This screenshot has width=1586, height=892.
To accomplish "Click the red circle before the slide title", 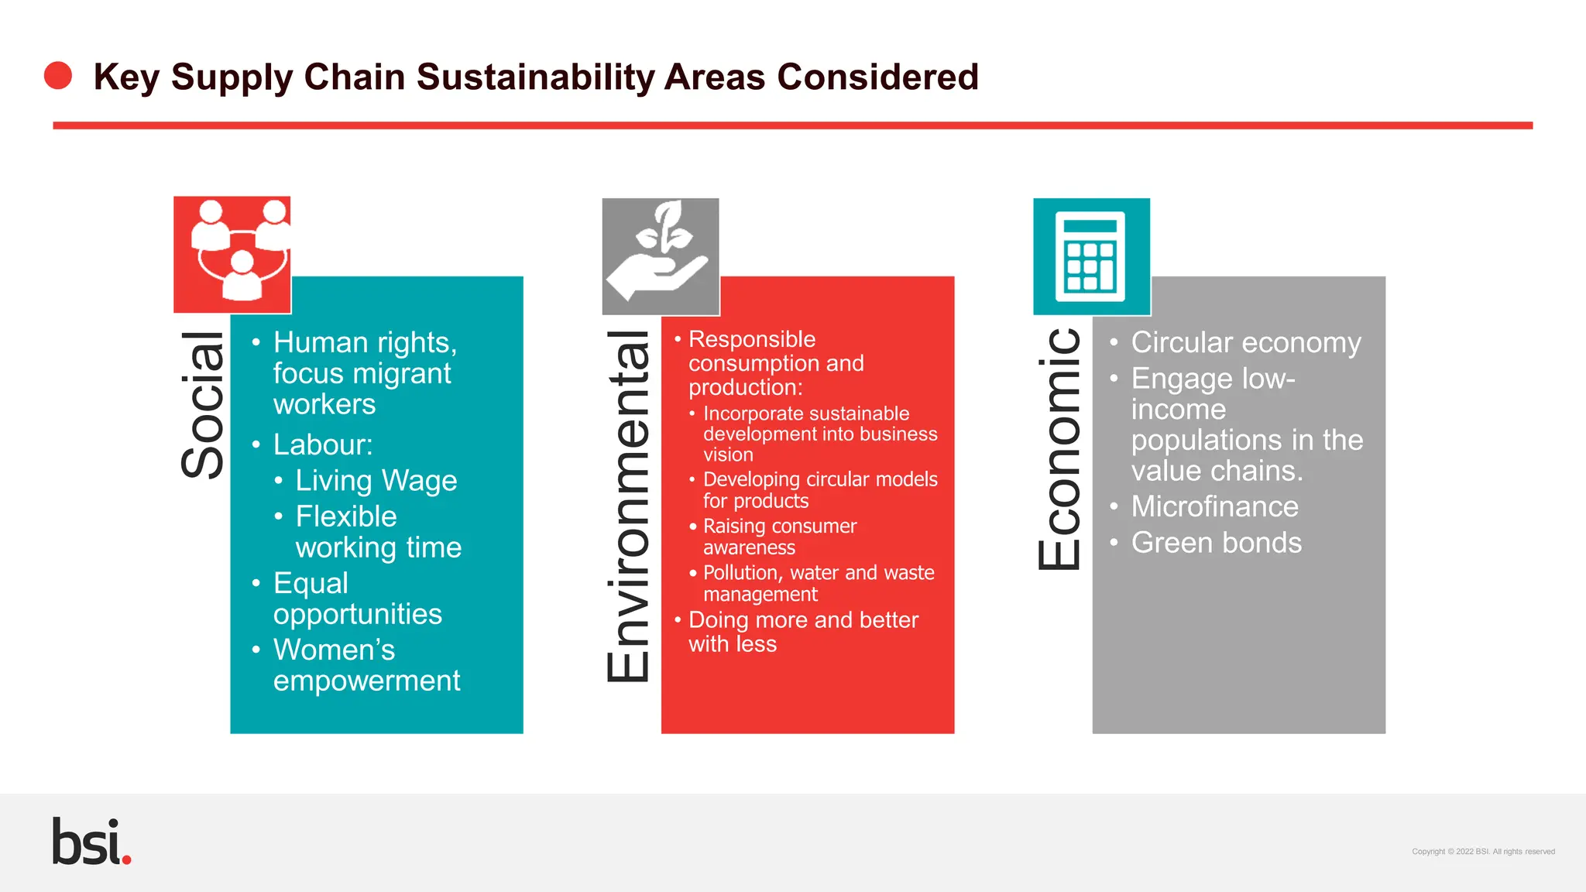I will [58, 76].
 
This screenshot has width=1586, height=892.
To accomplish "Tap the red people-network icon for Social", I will [232, 255].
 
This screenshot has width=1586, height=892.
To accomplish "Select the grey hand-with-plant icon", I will [661, 256].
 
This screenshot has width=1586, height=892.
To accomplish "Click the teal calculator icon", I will [1091, 256].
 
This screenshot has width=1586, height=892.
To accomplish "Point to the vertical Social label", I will [203, 404].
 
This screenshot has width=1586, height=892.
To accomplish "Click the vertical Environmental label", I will [628, 506].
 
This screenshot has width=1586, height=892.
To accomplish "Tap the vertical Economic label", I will [1059, 449].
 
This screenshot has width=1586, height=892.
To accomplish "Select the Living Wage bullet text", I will [376, 481].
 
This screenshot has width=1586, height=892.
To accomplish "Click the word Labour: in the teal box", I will [323, 445].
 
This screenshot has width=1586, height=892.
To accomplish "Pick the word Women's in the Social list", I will [334, 650].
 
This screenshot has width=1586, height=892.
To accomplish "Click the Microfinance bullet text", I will [1214, 507].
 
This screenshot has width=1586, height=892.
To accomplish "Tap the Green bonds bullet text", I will [1216, 544].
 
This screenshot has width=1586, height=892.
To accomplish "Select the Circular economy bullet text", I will [1245, 343].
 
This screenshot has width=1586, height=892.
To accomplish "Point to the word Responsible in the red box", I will [751, 339].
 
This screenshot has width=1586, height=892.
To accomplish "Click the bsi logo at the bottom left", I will [91, 842].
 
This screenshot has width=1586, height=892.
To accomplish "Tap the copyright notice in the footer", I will [1482, 852].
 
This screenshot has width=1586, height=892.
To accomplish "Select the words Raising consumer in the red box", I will [779, 527].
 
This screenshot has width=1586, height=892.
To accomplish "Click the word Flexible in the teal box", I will [345, 517].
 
